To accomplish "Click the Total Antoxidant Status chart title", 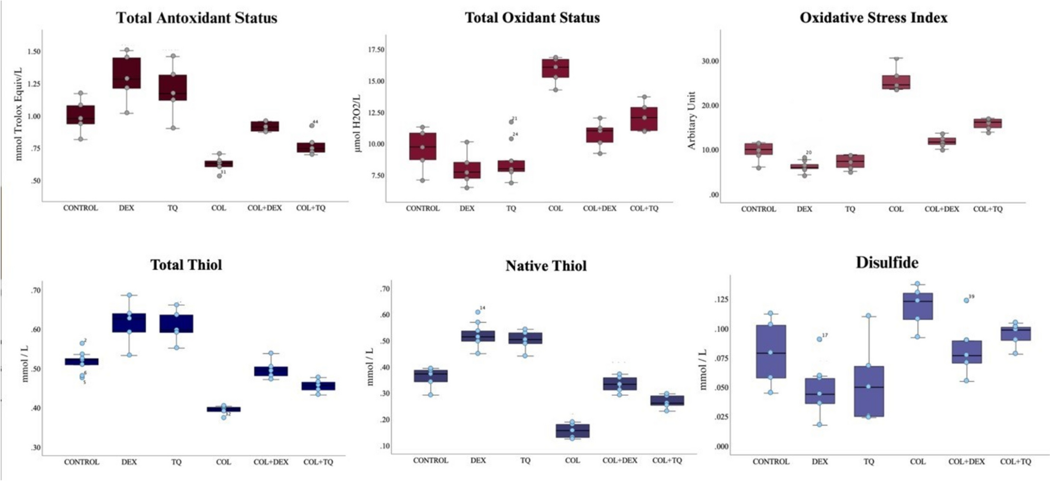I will pyautogui.click(x=196, y=18).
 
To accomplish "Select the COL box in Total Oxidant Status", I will pyautogui.click(x=555, y=68).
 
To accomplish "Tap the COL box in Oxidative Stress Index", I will pyautogui.click(x=896, y=82).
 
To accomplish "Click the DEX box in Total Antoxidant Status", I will pyautogui.click(x=127, y=73).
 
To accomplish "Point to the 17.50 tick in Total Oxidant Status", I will pyautogui.click(x=375, y=50).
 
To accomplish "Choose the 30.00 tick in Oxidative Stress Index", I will pyautogui.click(x=709, y=61).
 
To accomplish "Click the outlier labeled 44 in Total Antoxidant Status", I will pyautogui.click(x=312, y=126).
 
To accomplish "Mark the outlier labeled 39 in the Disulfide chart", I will pyautogui.click(x=966, y=300).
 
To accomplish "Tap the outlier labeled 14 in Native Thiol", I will pyautogui.click(x=478, y=312).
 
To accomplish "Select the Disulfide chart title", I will pyautogui.click(x=887, y=262).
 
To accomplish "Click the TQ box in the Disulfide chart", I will pyautogui.click(x=869, y=391).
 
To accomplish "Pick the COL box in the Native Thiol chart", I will pyautogui.click(x=572, y=431).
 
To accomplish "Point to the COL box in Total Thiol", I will pyautogui.click(x=224, y=409).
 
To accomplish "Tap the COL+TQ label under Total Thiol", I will pyautogui.click(x=318, y=462).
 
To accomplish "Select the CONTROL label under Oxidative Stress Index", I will pyautogui.click(x=759, y=209).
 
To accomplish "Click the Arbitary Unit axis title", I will pyautogui.click(x=691, y=121).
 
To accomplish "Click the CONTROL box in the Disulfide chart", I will pyautogui.click(x=770, y=351).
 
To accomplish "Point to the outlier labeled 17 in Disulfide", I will pyautogui.click(x=820, y=339).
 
